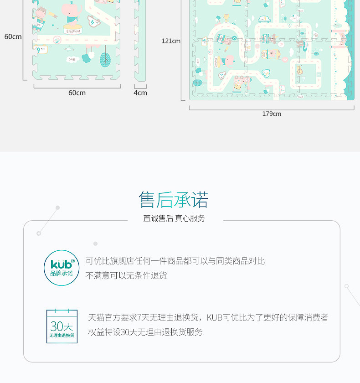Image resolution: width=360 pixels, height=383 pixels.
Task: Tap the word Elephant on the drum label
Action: point(73,31)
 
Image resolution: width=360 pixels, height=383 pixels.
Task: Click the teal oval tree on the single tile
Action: point(105,59)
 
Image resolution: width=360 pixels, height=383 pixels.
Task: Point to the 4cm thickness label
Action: point(140,93)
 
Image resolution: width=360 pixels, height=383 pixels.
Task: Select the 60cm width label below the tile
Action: point(77,93)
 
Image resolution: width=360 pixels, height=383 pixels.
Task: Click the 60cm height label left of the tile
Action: point(13,36)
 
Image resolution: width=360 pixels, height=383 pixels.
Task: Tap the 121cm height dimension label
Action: point(171,41)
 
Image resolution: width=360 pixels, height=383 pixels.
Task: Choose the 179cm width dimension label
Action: point(272,114)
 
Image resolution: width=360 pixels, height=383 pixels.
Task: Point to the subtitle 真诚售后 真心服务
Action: point(174,218)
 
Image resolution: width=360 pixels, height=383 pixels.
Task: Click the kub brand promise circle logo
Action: point(62,268)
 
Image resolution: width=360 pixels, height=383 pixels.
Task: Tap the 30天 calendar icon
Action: point(62,326)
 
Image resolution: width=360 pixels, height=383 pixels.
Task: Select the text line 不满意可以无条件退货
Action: point(127,275)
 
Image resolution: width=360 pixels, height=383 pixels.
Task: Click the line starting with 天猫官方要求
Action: point(208,318)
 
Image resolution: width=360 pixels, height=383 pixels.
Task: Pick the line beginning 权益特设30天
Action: point(145,332)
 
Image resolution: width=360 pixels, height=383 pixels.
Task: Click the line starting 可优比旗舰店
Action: point(175,261)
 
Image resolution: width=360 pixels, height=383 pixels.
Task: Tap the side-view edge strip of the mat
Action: point(140,41)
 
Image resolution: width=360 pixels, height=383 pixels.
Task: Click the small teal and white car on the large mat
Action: point(264,19)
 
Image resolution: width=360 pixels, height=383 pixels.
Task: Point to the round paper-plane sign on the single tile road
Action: point(57,39)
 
